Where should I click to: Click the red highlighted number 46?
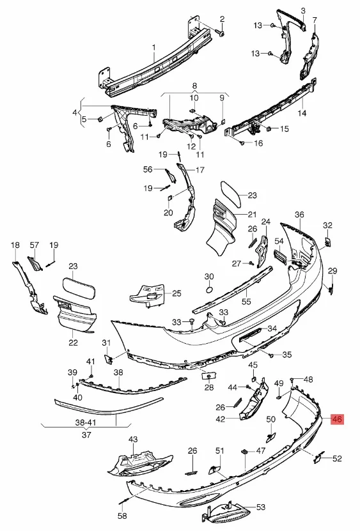337,419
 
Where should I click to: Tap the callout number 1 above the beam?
154,47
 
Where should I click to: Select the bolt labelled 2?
222,33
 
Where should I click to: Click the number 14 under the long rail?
302,112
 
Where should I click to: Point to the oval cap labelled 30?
209,290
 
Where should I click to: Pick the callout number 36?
299,214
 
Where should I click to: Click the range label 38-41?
86,422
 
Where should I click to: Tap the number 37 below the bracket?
86,434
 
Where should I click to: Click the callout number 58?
122,516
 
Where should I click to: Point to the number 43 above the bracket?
133,439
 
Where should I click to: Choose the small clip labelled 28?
209,376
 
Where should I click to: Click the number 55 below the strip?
246,301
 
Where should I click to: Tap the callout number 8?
194,86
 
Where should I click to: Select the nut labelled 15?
269,128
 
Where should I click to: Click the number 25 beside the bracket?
176,293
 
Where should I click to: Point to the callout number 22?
74,342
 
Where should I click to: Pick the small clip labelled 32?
328,242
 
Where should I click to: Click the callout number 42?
221,419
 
